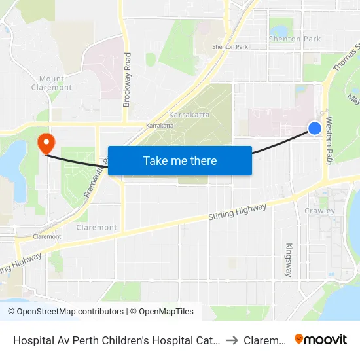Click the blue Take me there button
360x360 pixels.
coord(180,160)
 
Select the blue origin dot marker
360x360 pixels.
coord(315,128)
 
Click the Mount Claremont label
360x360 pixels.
coord(52,83)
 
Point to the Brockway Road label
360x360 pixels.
coord(127,80)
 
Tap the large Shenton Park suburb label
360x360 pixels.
coord(295,39)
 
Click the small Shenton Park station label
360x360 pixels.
coord(230,47)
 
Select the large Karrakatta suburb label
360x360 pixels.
coord(188,114)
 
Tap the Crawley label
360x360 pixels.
coord(319,211)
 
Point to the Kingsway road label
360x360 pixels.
coord(289,259)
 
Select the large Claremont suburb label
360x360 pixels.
coord(97,228)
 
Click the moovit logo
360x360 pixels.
coord(321,340)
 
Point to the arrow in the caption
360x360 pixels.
coord(231,340)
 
